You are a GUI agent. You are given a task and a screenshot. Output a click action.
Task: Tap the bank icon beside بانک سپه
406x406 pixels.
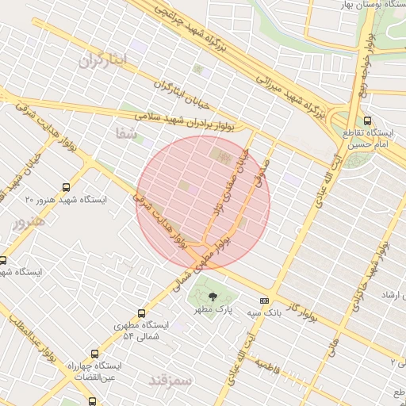(264, 301)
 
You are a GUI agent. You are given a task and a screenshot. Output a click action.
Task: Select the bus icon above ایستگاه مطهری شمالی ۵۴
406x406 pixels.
(141, 313)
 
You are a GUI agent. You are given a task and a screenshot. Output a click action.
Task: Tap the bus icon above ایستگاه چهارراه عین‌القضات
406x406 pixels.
(95, 354)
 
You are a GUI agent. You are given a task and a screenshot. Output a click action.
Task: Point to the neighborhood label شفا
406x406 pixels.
(127, 135)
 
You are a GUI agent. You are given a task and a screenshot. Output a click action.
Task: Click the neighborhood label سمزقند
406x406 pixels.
(170, 380)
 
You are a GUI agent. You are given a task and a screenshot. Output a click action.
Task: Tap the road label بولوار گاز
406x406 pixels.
(303, 306)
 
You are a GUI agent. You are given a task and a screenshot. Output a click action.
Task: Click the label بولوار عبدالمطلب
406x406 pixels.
(32, 348)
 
